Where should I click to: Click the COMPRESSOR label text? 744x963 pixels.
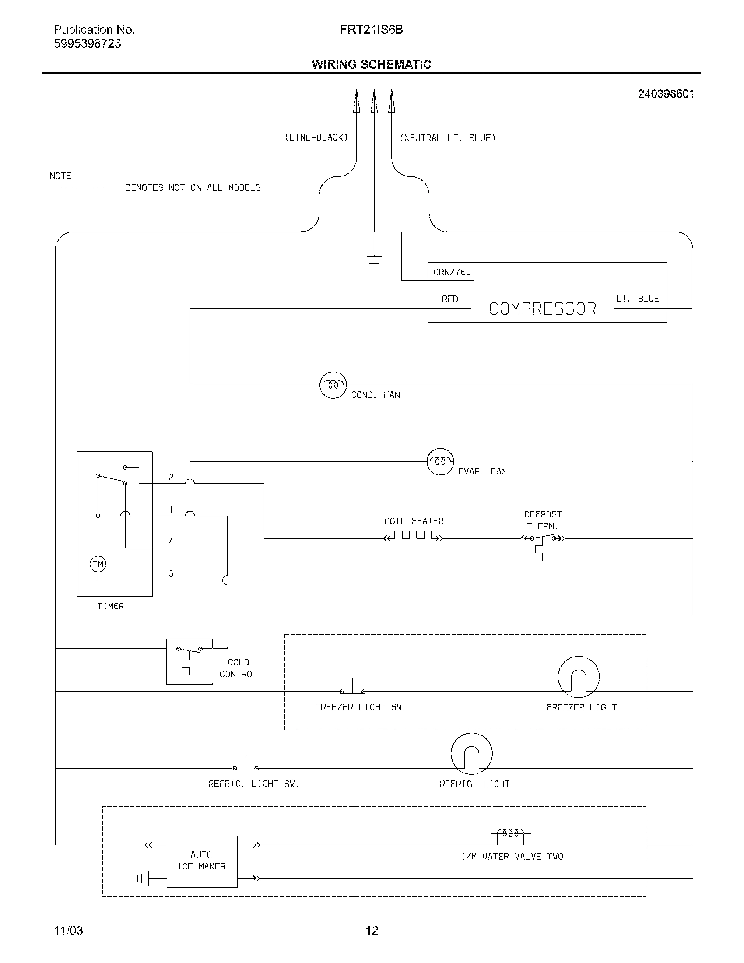[x=542, y=309]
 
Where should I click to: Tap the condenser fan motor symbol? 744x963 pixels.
[x=333, y=385]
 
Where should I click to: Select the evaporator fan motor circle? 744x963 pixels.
[x=440, y=462]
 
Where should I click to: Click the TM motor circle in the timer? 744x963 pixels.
[x=98, y=564]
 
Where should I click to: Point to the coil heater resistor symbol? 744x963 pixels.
[x=413, y=536]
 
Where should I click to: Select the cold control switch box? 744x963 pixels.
[x=189, y=661]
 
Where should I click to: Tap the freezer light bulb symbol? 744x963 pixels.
[x=578, y=677]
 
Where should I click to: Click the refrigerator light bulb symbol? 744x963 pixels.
[x=471, y=754]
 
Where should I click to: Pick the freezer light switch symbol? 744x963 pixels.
[x=353, y=689]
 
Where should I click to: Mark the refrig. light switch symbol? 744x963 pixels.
[x=246, y=766]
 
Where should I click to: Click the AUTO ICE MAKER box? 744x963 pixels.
[x=202, y=861]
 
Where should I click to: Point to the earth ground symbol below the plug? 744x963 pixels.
[x=374, y=262]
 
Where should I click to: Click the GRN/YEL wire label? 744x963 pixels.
[x=451, y=273]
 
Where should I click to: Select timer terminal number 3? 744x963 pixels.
[x=171, y=574]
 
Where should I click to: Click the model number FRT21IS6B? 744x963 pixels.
[x=371, y=29]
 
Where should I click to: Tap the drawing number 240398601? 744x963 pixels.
[x=666, y=94]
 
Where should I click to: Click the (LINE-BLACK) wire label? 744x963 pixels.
[x=316, y=137]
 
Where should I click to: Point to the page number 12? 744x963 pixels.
[x=372, y=930]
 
